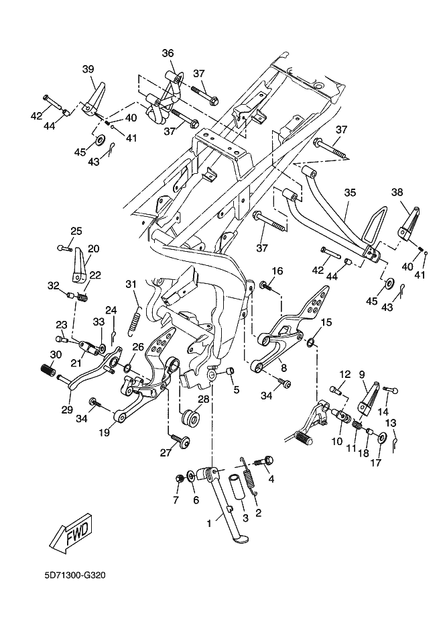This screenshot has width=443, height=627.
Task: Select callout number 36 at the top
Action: (168, 54)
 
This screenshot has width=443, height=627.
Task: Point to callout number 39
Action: (88, 70)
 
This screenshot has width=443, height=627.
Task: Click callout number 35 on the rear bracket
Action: (349, 193)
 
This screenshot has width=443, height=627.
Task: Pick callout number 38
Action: (397, 192)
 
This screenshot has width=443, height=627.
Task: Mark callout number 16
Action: (277, 271)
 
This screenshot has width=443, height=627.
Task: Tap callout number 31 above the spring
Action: (131, 284)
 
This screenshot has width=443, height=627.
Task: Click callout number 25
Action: (76, 232)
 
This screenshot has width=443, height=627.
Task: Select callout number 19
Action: (105, 433)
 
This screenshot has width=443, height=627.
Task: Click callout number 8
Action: (284, 367)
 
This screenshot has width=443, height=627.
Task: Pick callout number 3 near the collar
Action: (245, 518)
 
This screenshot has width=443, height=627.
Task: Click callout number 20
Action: (93, 248)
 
